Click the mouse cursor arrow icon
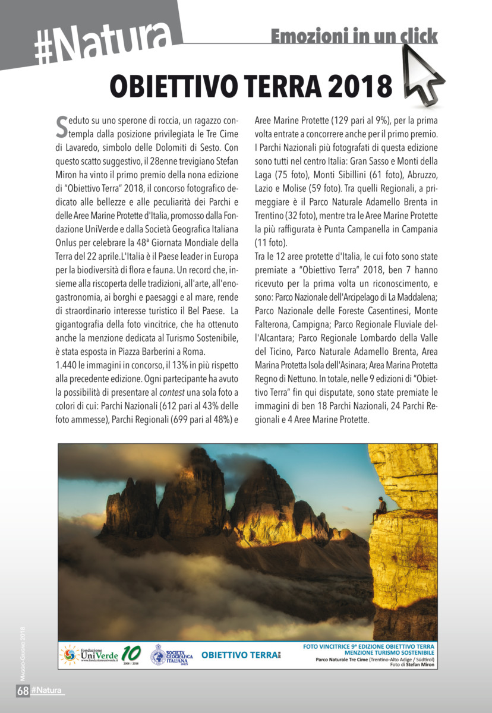422,72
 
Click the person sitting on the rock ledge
380,509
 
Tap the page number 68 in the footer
23,690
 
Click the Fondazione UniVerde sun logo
70,655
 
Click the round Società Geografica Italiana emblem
157,655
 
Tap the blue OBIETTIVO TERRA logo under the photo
239,655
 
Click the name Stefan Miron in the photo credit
421,665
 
